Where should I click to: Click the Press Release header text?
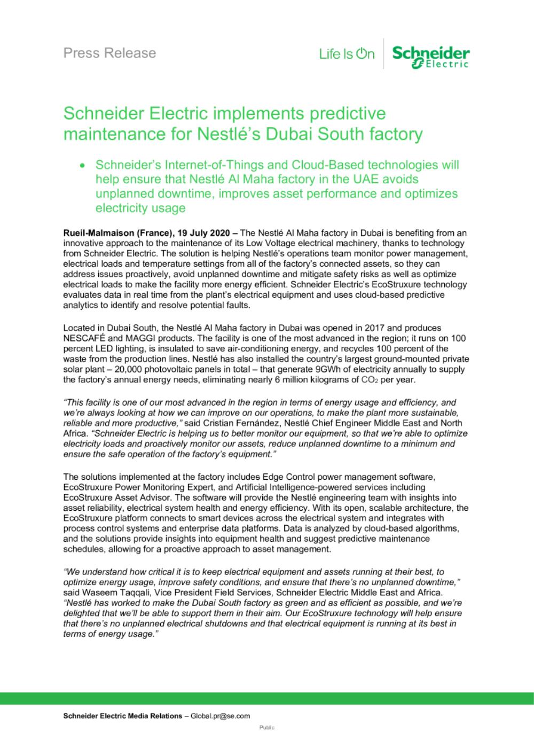pyautogui.click(x=109, y=53)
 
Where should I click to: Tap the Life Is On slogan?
pyautogui.click(x=347, y=54)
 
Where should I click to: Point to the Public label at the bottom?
pyautogui.click(x=267, y=728)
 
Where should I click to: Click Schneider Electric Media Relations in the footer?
pyautogui.click(x=122, y=716)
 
